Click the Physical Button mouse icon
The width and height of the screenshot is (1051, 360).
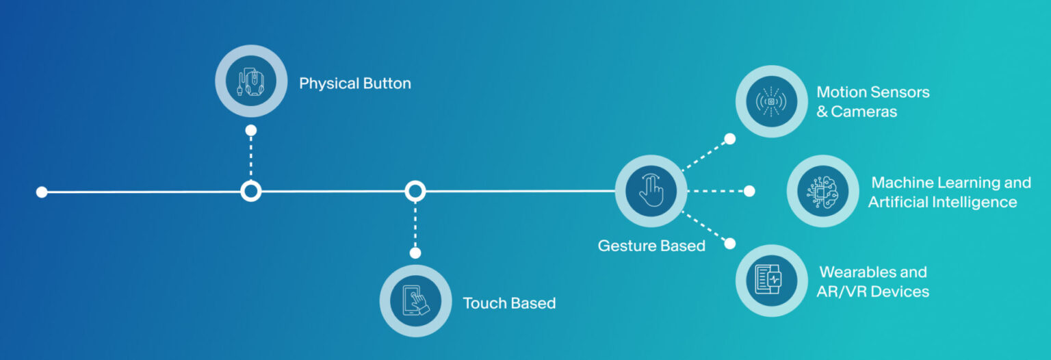pos(251,81)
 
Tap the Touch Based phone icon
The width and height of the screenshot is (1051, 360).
pos(416,301)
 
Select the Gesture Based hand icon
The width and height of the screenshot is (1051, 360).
pos(651,190)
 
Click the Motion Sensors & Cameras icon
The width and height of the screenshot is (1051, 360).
pos(771,101)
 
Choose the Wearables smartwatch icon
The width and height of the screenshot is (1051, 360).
pos(769,280)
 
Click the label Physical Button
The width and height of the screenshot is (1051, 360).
pos(355,83)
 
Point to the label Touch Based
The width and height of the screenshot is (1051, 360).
pos(509,303)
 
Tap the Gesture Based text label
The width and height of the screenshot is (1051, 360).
pos(651,246)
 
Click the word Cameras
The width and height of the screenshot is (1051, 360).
pos(864,112)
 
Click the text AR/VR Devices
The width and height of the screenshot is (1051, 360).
pos(872,292)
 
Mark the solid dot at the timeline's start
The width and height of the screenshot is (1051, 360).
pos(42,192)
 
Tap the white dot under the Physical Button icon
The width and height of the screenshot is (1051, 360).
pos(251,130)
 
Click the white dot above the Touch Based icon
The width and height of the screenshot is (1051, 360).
pos(415,253)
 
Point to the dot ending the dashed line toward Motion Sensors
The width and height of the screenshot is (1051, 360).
pos(730,139)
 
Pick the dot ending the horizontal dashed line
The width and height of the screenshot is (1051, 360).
pos(749,191)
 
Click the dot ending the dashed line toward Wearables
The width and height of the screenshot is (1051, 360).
pos(730,244)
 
